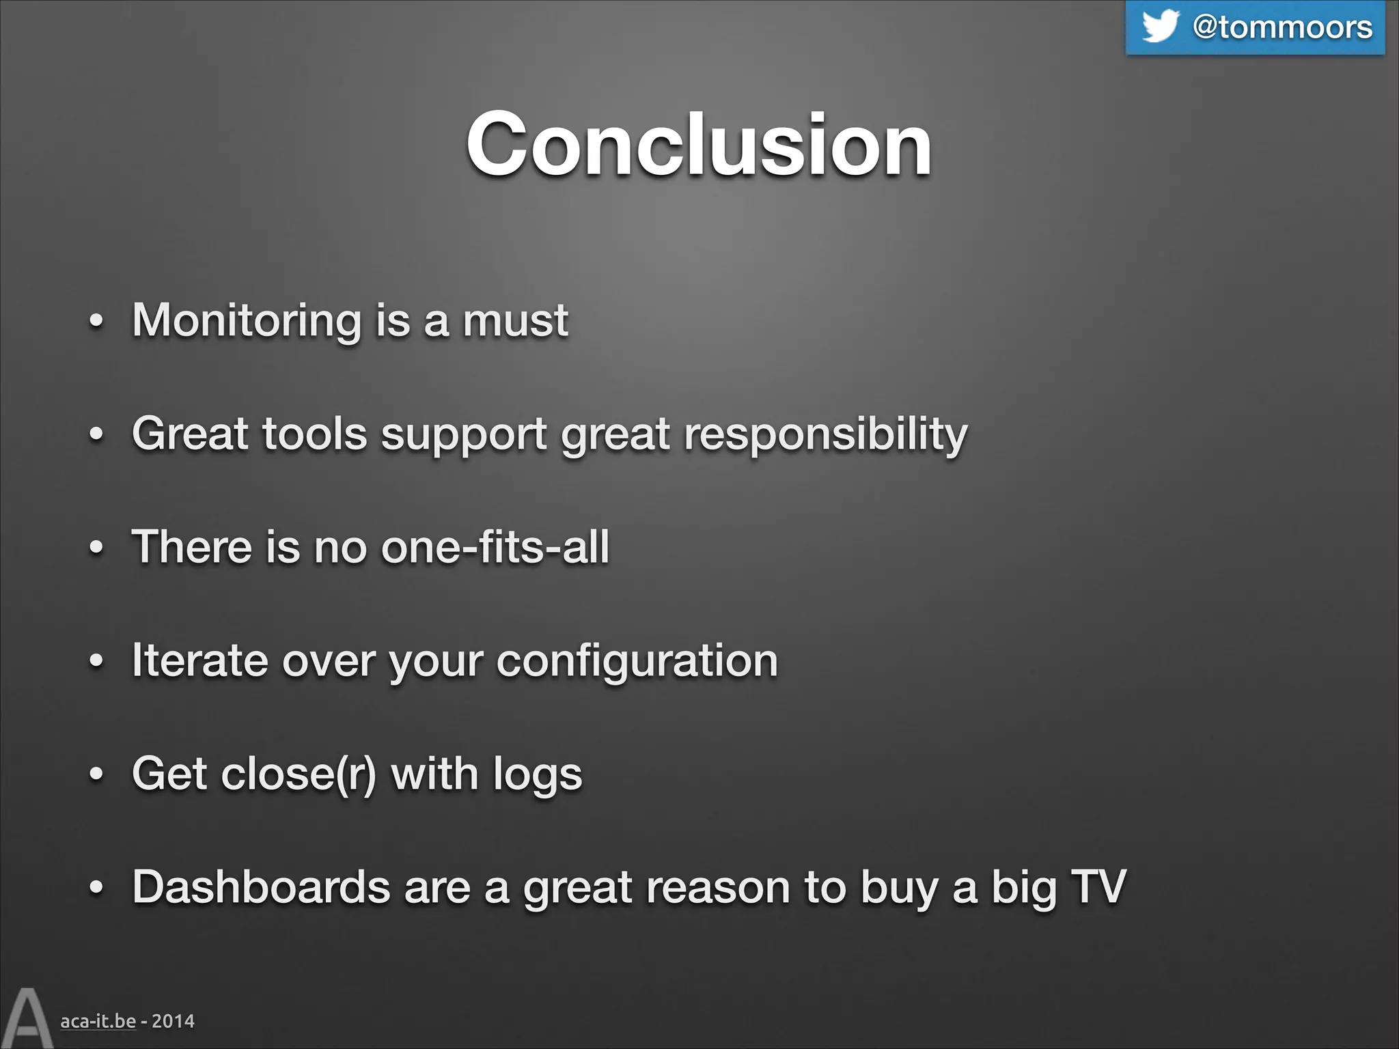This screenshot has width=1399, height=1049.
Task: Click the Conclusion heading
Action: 699,145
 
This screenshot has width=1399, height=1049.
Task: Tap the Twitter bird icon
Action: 1160,26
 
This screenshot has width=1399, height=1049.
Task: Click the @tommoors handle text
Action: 1282,27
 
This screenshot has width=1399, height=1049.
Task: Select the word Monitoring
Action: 247,321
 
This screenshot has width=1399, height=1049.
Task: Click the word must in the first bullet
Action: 516,321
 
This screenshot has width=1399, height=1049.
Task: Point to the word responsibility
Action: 826,434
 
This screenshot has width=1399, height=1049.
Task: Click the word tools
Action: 315,434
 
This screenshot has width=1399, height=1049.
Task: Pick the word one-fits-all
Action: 495,547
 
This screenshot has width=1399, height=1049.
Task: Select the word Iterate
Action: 200,660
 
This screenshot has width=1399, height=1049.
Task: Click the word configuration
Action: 637,662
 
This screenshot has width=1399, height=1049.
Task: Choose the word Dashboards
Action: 261,887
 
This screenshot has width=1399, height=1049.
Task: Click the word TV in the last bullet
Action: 1098,887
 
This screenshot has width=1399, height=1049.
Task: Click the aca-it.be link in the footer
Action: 98,1021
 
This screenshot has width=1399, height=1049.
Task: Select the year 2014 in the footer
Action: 173,1021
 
